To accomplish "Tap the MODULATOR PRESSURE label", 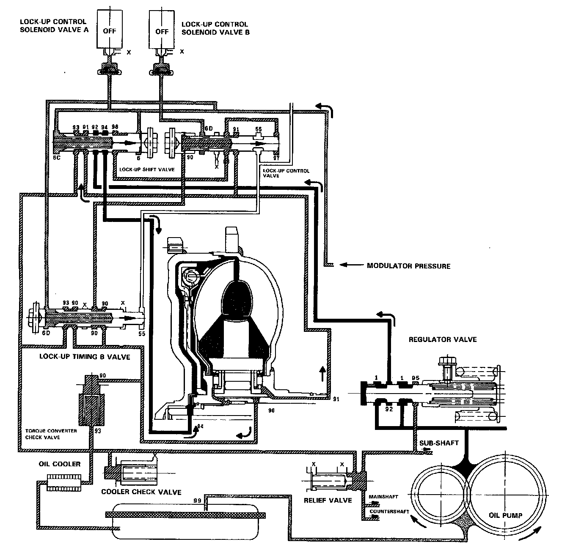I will click(408, 266).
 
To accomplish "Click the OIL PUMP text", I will click(505, 515).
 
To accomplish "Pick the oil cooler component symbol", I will click(63, 482).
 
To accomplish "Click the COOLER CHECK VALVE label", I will click(141, 492).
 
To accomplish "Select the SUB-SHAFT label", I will click(439, 443).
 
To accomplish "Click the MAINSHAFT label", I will click(383, 496).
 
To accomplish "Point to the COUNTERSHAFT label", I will click(389, 511).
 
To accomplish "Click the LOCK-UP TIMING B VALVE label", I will click(85, 356).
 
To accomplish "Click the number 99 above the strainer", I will click(197, 501).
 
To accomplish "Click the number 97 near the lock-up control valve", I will click(276, 158).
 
